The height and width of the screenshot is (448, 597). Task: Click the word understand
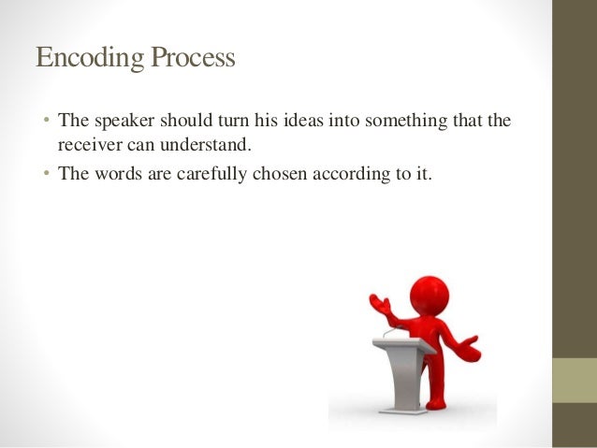pos(209,145)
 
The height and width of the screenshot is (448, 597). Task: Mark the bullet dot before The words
pos(46,173)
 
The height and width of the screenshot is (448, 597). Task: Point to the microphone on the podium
pos(391,331)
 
